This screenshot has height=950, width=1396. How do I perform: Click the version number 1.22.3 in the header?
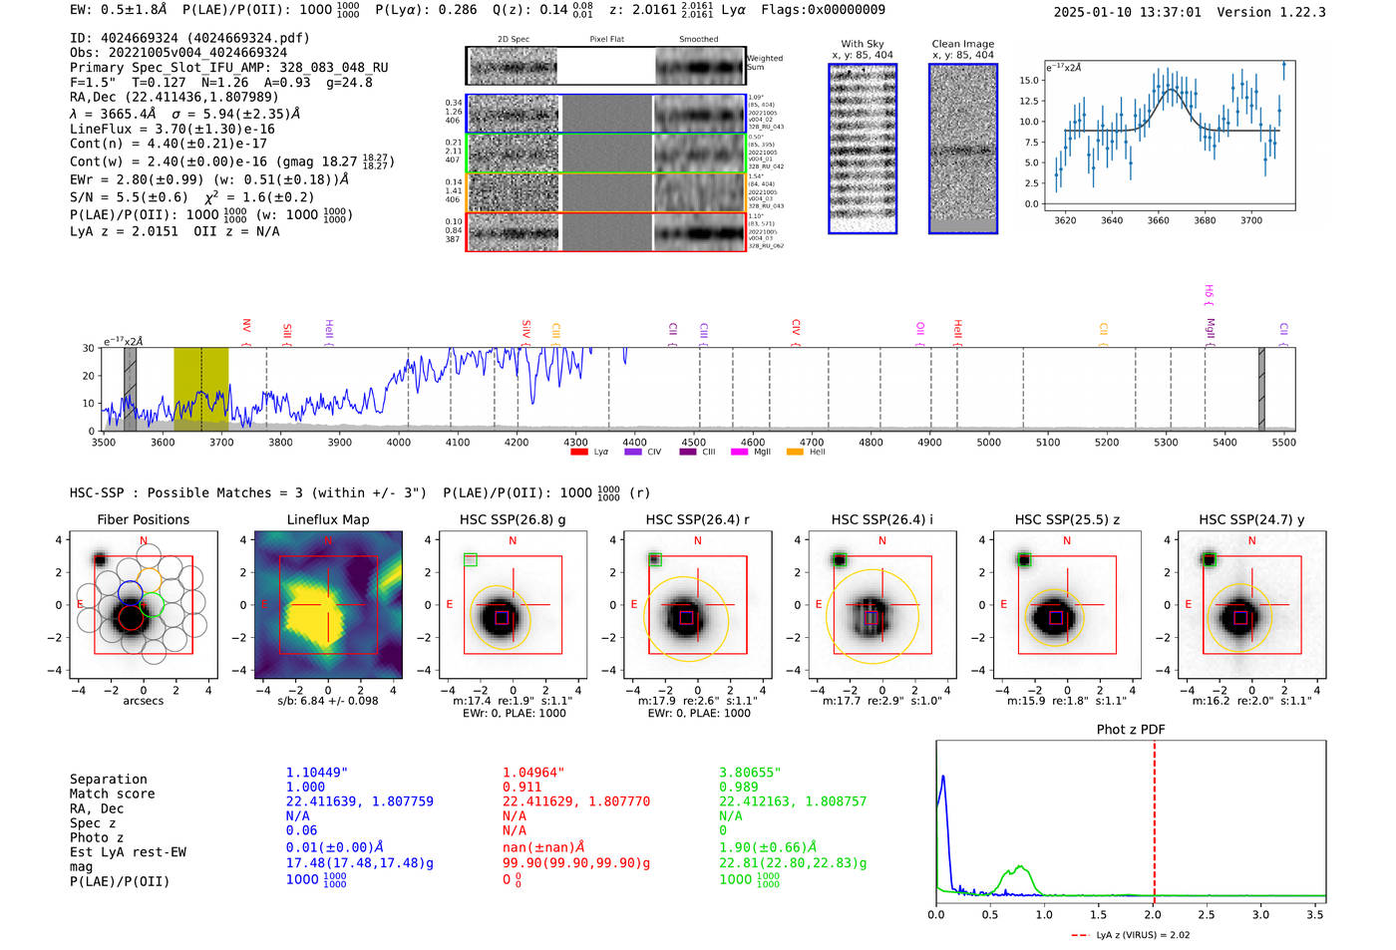[x=1295, y=12]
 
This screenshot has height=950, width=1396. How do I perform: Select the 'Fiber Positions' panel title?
[x=143, y=519]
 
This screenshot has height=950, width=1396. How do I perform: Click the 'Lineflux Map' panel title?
[x=328, y=519]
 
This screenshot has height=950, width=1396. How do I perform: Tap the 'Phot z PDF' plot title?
[x=1130, y=729]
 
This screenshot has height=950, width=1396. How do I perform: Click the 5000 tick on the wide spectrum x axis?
[x=988, y=443]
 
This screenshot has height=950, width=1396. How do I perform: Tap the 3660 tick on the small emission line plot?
[x=1158, y=220]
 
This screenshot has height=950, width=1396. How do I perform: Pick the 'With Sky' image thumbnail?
[x=863, y=149]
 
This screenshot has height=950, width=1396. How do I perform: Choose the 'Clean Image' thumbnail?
[x=962, y=149]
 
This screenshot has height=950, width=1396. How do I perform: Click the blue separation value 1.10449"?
[x=316, y=773]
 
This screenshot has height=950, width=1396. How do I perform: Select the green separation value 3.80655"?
[x=750, y=773]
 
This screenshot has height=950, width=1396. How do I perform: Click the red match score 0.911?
[x=522, y=787]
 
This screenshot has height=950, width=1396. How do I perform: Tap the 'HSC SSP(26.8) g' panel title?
[x=513, y=519]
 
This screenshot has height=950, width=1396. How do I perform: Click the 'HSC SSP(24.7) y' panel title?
[x=1251, y=519]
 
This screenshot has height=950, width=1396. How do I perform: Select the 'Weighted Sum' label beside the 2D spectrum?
[x=764, y=63]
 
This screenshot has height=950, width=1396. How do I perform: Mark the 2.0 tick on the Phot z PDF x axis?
[x=1153, y=914]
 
